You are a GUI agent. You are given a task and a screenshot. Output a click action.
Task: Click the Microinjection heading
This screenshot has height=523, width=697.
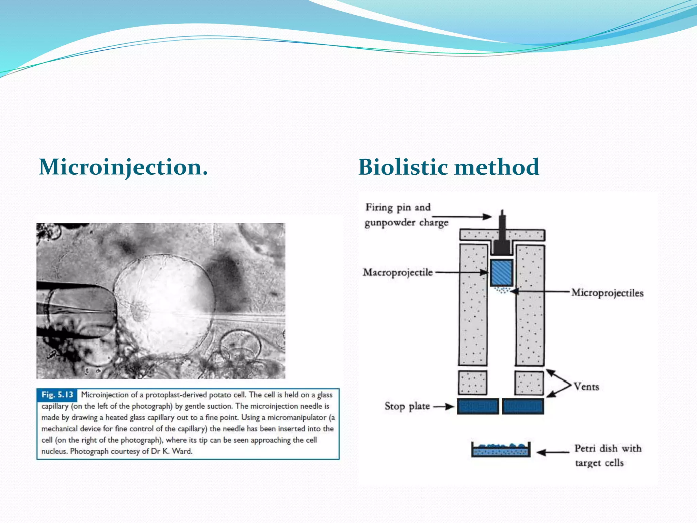tap(123, 167)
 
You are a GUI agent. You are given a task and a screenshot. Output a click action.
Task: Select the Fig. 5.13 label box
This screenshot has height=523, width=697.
tap(57, 395)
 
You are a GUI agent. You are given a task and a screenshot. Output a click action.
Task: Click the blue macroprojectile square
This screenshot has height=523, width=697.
tap(501, 273)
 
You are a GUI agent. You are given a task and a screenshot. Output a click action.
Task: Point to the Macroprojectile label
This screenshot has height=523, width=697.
tap(398, 272)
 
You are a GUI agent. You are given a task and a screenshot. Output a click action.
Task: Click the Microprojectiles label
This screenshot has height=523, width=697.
tap(607, 293)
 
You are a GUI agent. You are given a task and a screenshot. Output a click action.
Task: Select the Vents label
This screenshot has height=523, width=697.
tap(586, 387)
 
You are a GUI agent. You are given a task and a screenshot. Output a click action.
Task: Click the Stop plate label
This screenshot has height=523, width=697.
tap(407, 406)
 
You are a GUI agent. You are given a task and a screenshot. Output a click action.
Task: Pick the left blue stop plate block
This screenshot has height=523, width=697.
tap(478, 406)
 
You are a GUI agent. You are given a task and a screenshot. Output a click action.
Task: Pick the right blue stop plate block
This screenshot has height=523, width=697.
tap(523, 406)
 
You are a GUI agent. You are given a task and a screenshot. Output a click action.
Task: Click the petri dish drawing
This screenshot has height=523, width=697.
tap(501, 450)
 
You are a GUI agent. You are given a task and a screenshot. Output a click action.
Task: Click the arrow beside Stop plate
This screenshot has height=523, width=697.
tap(444, 406)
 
